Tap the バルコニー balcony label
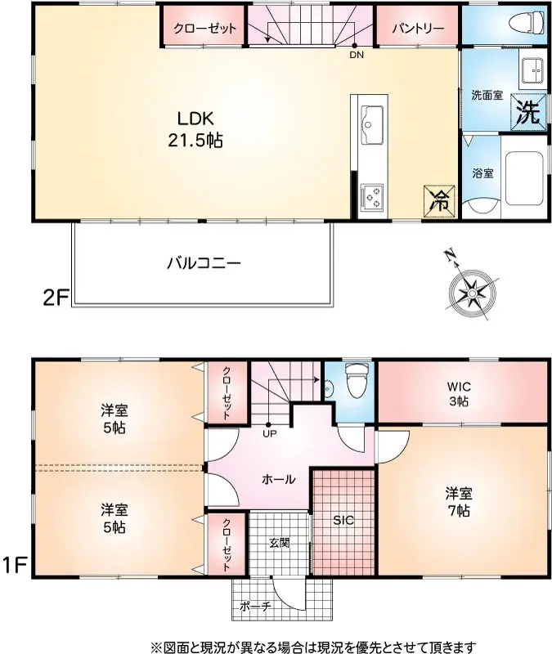[204, 263]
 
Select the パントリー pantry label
[417, 29]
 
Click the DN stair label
[357, 56]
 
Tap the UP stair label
[269, 433]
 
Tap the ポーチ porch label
[254, 607]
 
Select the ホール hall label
[277, 479]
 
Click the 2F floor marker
[54, 297]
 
